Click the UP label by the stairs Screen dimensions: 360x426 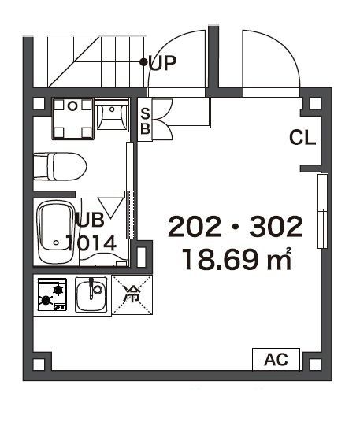click(162, 63)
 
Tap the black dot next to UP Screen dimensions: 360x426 click(143, 62)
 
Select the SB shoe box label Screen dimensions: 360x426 click(146, 121)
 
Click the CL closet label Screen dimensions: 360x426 click(302, 137)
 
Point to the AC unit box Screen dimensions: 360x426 click(276, 359)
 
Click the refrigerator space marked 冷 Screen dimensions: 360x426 click(132, 294)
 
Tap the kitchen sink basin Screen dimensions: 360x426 click(91, 294)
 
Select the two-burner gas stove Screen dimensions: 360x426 click(53, 294)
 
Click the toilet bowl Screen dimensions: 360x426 click(60, 166)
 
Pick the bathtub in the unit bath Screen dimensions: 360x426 click(56, 232)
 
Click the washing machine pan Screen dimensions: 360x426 click(72, 119)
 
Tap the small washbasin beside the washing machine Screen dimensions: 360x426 click(112, 115)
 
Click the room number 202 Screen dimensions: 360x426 click(195, 226)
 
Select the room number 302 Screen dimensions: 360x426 click(276, 226)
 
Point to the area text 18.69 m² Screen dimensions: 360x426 click(236, 259)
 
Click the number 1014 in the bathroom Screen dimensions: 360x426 click(91, 243)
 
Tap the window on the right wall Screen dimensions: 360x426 click(322, 211)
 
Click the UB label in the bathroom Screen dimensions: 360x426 click(91, 220)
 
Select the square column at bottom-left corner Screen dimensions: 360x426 click(39, 364)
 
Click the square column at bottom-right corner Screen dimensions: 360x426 click(315, 364)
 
